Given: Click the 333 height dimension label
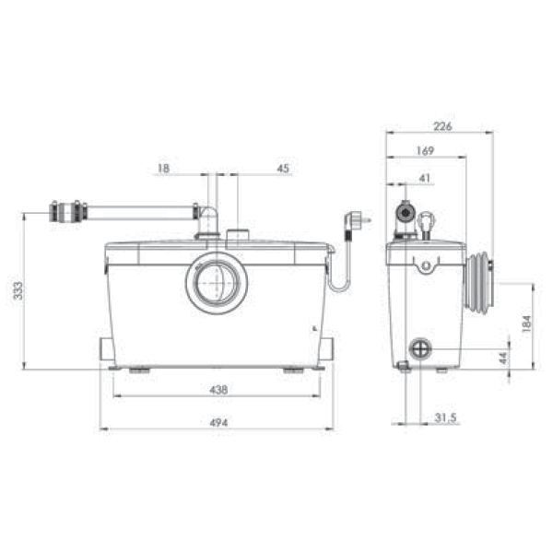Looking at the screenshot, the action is pos(18,290).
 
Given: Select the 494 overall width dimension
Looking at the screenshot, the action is pos(218,422).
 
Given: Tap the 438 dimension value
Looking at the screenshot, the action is pos(218,390).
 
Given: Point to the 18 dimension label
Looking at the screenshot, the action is pos(163,169).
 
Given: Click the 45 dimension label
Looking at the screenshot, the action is pos(283,169).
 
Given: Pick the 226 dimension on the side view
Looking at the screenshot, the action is pos(442,126).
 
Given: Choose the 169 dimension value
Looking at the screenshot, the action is pos(425,151).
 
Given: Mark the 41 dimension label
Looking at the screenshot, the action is pos(425,178).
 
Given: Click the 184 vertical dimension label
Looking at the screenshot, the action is pos(526,324).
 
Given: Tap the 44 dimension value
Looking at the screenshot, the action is pos(503,358).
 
